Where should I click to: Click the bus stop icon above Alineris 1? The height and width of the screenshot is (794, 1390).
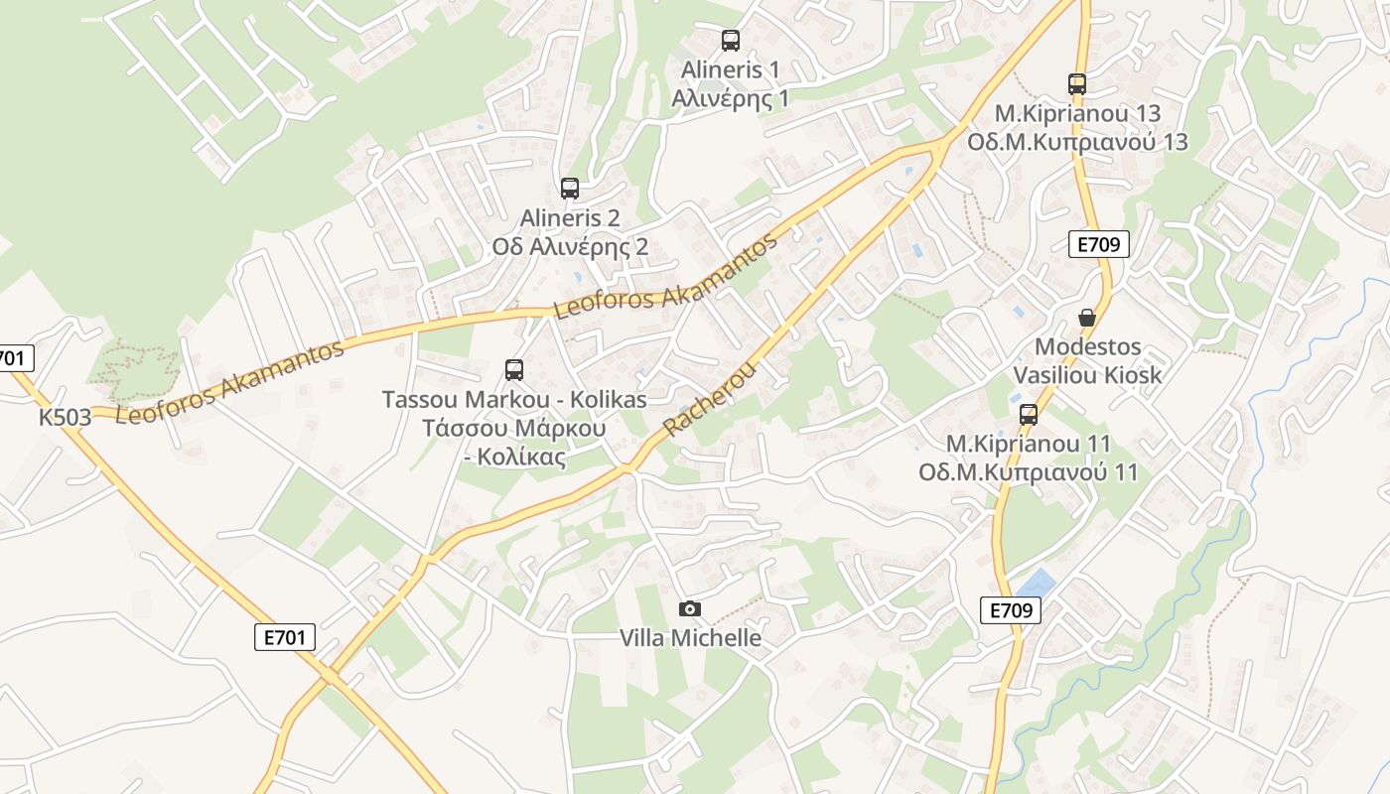tap(731, 41)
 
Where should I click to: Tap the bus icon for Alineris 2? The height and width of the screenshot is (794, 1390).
tap(570, 189)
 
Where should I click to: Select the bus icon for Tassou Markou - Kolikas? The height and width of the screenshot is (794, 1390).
tap(514, 370)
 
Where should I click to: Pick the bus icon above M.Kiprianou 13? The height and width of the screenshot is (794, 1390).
tap(1077, 84)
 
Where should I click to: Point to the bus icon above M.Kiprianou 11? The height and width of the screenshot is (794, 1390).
tap(1029, 415)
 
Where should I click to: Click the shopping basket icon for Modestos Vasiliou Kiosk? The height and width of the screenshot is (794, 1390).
tap(1087, 319)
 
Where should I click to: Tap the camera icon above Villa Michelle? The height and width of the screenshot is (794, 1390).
tap(689, 608)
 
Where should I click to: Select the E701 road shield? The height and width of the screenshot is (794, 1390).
tap(285, 637)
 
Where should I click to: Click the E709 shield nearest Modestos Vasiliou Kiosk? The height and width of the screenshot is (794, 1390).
tap(1099, 245)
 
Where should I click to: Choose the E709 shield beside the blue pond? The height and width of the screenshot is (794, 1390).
tap(1011, 610)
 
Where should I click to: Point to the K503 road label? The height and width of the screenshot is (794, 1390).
tap(66, 417)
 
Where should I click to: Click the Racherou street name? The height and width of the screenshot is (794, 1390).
tap(710, 399)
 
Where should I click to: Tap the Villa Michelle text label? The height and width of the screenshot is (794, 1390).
tap(691, 638)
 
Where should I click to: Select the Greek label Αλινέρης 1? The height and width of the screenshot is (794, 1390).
tap(731, 98)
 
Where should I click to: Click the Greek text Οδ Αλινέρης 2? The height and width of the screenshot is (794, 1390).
tap(570, 247)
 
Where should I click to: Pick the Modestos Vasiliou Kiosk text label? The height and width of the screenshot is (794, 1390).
tap(1087, 361)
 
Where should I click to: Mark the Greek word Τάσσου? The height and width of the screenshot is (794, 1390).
tap(466, 429)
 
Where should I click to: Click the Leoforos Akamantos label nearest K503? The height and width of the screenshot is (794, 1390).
tap(230, 381)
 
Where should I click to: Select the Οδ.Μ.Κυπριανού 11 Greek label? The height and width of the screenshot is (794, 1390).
tap(1028, 472)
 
